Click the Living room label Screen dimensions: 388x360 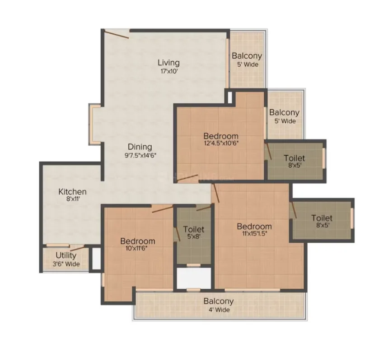[x=168, y=63]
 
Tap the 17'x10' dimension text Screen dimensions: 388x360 [x=169, y=71]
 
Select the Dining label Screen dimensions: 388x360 [x=140, y=147]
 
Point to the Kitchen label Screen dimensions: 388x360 [x=73, y=191]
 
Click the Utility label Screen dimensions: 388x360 [x=66, y=255]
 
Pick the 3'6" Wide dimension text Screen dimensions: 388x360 [x=66, y=264]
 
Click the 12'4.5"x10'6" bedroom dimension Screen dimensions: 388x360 [x=221, y=143]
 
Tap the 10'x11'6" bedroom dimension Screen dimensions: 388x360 [x=137, y=248]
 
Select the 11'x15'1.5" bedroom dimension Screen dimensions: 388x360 [x=254, y=234]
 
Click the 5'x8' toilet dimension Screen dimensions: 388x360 [x=194, y=236]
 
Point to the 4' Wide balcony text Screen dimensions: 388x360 [x=219, y=310]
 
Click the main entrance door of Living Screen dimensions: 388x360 [x=117, y=34]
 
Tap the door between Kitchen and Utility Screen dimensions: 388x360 [x=77, y=248]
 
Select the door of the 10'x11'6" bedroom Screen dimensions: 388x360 [x=162, y=209]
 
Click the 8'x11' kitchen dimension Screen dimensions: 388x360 [x=73, y=198]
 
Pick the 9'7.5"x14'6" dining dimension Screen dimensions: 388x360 [x=140, y=156]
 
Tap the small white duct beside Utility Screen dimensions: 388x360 [x=97, y=258]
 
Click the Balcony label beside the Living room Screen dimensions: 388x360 [x=247, y=56]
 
